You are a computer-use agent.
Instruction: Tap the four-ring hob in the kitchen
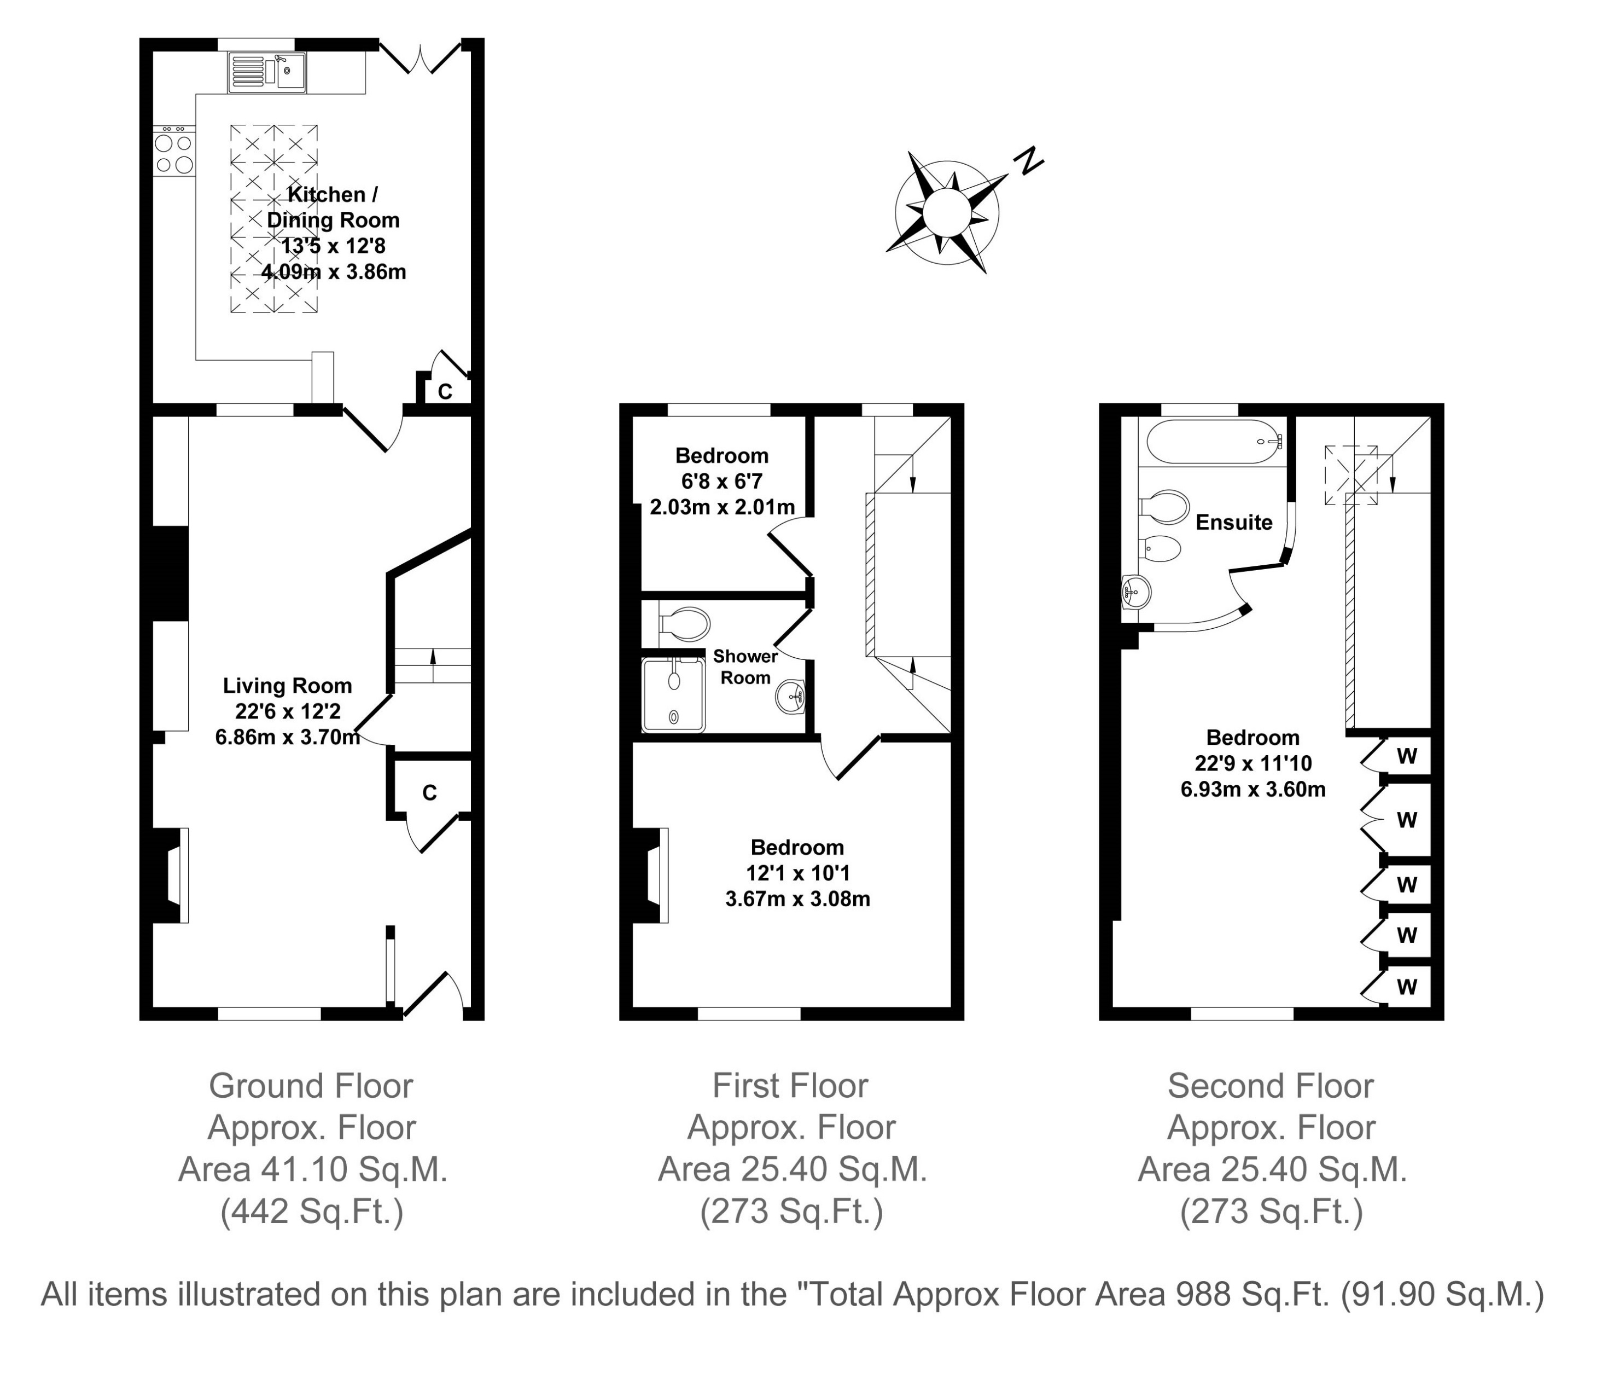(174, 153)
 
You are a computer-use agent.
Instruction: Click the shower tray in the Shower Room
(673, 694)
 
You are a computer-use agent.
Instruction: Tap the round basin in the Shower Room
(791, 697)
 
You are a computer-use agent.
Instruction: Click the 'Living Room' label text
(288, 685)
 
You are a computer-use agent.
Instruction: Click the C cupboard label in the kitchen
(445, 391)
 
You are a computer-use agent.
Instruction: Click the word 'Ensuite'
(1234, 522)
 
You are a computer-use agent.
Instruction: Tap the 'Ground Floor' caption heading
(311, 1086)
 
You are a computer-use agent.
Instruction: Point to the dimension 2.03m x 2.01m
(722, 507)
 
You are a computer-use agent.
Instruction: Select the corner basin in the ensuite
(1136, 594)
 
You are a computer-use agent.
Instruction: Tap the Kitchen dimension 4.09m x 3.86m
(333, 272)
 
